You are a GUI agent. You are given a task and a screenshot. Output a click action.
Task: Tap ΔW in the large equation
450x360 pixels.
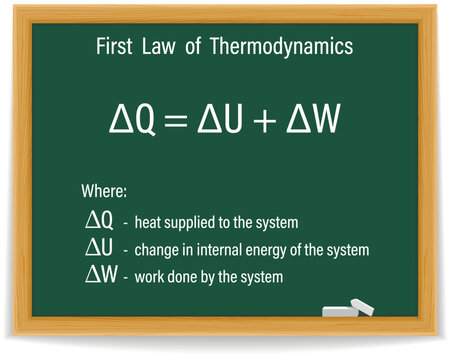(x=320, y=121)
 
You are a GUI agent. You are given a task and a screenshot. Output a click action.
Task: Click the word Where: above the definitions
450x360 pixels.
(x=103, y=191)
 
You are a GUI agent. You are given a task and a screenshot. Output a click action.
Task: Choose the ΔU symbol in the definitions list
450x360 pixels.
(x=101, y=247)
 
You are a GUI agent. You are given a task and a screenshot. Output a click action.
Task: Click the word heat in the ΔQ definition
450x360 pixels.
(x=150, y=221)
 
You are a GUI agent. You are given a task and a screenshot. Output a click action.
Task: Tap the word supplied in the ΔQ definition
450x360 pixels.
(x=193, y=222)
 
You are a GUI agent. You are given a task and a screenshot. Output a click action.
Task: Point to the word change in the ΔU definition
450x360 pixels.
(x=157, y=249)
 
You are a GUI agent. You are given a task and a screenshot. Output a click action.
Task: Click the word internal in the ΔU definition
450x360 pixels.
(x=210, y=248)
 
